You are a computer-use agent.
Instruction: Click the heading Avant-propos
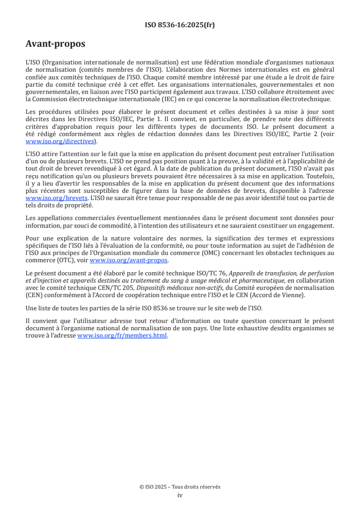(x=55, y=44)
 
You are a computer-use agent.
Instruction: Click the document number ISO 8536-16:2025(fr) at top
(x=180, y=25)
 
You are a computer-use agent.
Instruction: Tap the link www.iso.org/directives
(x=61, y=142)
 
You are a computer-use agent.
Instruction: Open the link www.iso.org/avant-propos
(x=129, y=260)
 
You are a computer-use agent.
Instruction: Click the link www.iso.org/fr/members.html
(x=123, y=336)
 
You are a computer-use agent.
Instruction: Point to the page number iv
(x=180, y=495)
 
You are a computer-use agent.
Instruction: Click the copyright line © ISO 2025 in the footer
(x=180, y=487)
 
